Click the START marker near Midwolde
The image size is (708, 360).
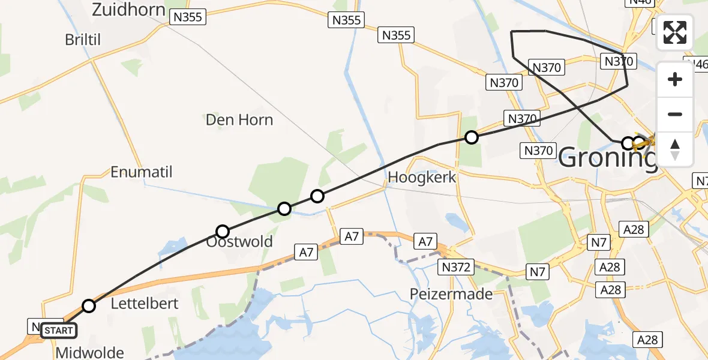click(x=58, y=330)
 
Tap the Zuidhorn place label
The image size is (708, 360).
click(x=129, y=9)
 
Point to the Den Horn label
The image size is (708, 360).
click(x=239, y=119)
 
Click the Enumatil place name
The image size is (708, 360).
click(x=142, y=172)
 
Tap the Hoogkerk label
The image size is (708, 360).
click(x=422, y=177)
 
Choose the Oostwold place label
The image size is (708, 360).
click(x=239, y=242)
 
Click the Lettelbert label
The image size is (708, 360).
click(x=145, y=304)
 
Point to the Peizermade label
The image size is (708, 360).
click(x=451, y=294)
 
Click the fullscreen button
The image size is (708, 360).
click(x=675, y=32)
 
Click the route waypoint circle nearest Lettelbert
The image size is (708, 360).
click(x=89, y=306)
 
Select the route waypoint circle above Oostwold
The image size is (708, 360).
click(x=223, y=231)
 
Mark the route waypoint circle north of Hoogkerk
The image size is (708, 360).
click(x=472, y=137)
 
